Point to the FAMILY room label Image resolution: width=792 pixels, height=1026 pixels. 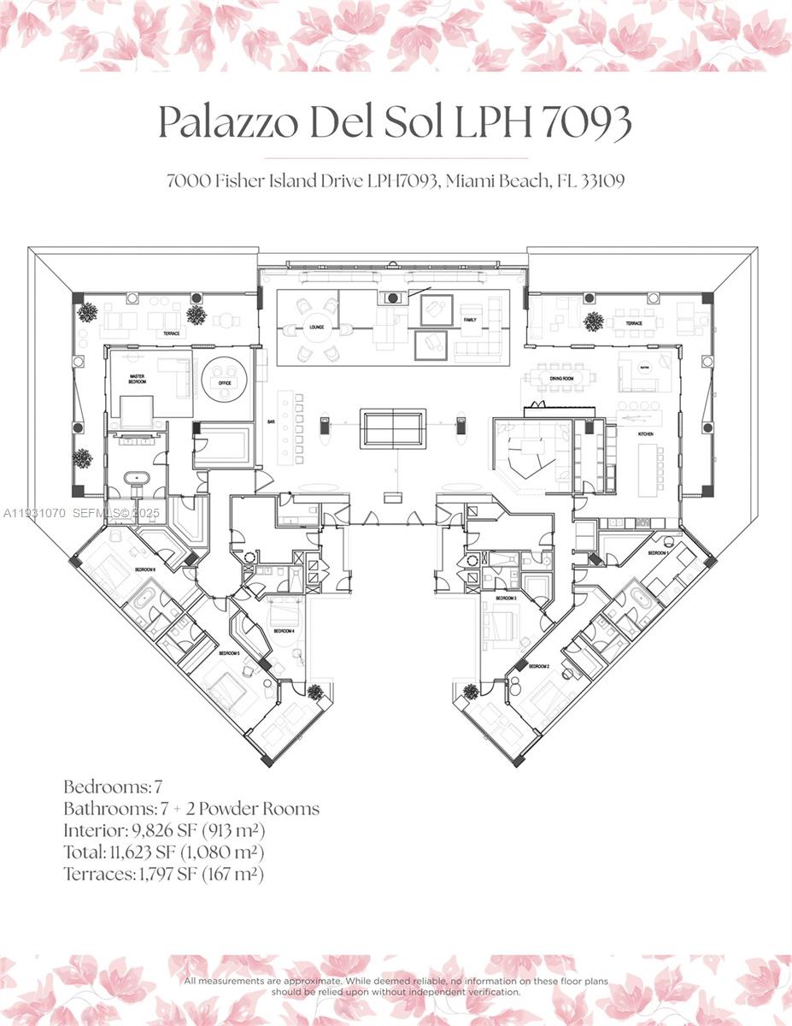(469, 321)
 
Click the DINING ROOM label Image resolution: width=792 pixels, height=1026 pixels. (560, 378)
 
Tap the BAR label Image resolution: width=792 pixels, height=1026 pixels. (271, 422)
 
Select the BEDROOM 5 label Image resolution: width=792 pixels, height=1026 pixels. (229, 653)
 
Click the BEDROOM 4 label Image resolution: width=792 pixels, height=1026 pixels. (284, 631)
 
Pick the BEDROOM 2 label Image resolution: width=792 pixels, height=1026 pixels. (539, 666)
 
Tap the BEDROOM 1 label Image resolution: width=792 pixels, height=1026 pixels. (658, 553)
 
